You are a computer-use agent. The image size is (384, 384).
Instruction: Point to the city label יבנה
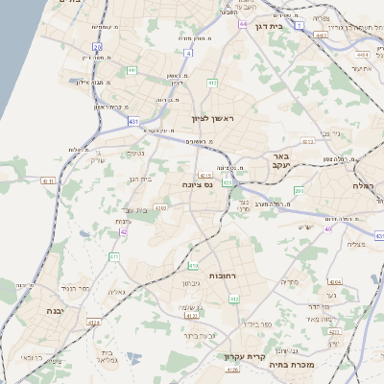click(54, 311)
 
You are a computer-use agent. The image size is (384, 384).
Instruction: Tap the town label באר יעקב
click(280, 160)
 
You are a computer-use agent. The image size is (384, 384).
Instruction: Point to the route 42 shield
click(124, 231)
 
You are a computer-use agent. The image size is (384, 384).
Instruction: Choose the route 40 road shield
click(328, 229)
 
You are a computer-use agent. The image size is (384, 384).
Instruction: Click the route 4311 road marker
click(48, 180)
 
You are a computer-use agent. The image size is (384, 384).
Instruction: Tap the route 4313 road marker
click(308, 141)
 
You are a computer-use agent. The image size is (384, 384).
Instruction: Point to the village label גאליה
click(116, 292)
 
